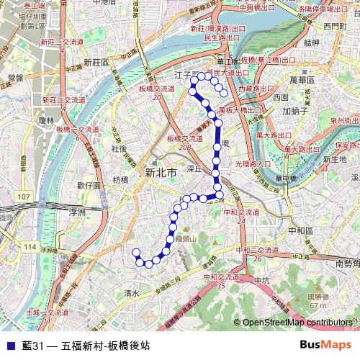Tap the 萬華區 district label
click(x=300, y=74)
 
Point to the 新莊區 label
click(x=96, y=63)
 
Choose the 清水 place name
click(x=131, y=293)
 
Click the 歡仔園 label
click(x=88, y=185)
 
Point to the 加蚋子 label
click(x=295, y=112)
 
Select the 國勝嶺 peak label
click(x=319, y=296)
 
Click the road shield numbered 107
click(x=25, y=196)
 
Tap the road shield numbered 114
click(x=30, y=247)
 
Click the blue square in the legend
click(x=9, y=345)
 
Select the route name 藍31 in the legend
click(x=33, y=345)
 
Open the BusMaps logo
click(x=325, y=344)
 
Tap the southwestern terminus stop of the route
click(x=135, y=252)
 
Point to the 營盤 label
click(x=15, y=76)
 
